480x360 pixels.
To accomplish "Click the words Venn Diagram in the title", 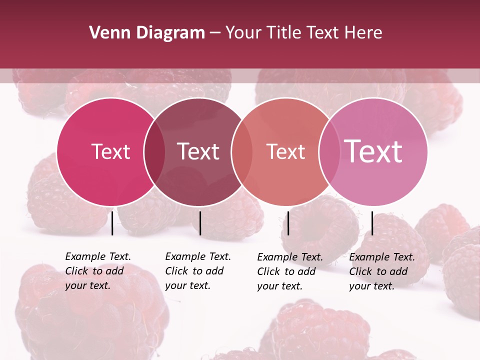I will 147,33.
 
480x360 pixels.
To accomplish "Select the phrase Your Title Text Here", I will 303,33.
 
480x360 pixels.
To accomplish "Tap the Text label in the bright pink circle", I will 110,151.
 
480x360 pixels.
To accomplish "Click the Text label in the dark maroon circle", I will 198,151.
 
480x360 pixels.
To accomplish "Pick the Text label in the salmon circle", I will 285,151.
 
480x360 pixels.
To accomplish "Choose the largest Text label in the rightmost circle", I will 373,151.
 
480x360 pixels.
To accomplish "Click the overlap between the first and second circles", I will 154,151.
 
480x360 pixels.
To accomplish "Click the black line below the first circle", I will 112,223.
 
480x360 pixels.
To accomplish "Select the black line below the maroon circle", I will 200,223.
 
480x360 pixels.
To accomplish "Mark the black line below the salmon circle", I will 288,223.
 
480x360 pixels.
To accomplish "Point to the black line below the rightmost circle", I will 372,223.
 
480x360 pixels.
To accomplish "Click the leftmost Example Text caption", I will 98,271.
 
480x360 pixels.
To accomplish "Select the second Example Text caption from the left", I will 198,271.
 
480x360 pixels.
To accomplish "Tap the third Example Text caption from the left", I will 290,271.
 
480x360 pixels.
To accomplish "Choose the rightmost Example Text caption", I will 382,271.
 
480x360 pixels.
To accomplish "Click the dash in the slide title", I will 215,33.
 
